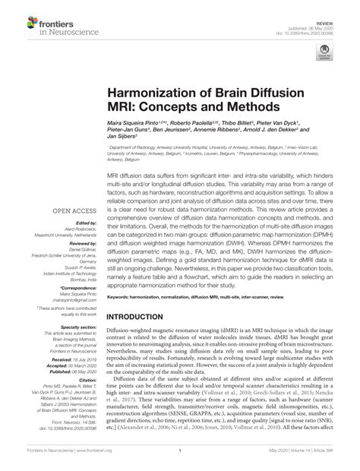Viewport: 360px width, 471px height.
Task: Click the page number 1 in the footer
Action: click(179, 460)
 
